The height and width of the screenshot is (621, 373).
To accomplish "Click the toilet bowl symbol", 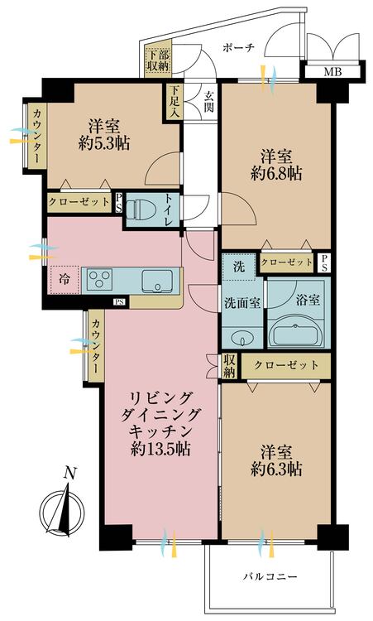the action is tap(141, 209).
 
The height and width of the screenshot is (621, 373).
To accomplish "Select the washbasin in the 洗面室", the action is tap(241, 338).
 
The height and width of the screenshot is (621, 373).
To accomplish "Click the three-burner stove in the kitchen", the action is tap(100, 280).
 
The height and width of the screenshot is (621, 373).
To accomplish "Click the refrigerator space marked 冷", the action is tap(64, 280).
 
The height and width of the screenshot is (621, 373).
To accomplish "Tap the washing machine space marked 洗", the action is tap(239, 267).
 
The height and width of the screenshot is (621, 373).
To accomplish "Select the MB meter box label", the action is tap(333, 72).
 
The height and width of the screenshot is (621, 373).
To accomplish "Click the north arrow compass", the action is tap(62, 507).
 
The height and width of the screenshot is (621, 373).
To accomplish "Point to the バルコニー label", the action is tap(270, 576).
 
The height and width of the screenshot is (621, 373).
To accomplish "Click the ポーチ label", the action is tap(237, 48).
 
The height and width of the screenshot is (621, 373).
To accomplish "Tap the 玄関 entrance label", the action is tap(208, 101).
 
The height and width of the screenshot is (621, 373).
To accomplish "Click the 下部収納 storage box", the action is tap(158, 60).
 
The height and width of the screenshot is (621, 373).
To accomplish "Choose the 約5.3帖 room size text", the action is tap(104, 143).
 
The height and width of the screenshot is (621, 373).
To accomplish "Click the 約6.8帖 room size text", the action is tap(276, 173).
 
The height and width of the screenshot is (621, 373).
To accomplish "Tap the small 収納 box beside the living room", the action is tap(229, 365).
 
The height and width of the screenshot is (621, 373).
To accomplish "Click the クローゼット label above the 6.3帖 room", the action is tap(286, 365).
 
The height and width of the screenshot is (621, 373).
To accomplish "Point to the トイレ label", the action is tap(168, 209).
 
